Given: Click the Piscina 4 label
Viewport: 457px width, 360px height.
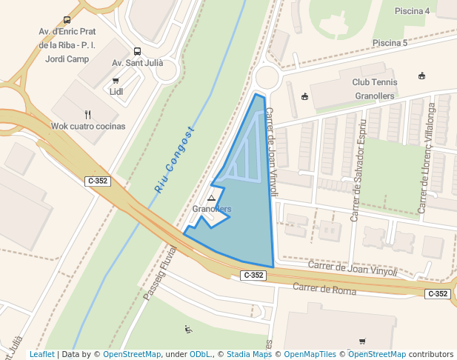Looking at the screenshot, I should click(x=412, y=11).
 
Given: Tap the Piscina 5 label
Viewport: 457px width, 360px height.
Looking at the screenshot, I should click(x=390, y=43).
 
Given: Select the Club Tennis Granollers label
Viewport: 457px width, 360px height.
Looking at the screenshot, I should click(x=374, y=89).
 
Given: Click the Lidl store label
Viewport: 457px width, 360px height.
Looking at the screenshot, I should click(x=116, y=92).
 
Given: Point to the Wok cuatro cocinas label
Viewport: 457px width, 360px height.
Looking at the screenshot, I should click(x=88, y=126).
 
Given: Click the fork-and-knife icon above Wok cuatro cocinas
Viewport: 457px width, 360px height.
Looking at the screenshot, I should click(x=88, y=114).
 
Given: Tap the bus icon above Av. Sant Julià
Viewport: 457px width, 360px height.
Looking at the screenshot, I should click(x=137, y=52).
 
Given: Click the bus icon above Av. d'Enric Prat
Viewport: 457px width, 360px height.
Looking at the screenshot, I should click(x=67, y=21).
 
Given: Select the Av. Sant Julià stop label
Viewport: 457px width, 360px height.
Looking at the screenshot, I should click(x=137, y=63).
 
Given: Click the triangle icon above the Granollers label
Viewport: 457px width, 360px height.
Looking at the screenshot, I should click(x=212, y=199).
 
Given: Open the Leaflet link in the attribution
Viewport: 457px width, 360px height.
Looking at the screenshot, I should click(x=42, y=355).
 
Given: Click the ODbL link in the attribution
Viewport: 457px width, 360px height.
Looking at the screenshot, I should click(x=200, y=355).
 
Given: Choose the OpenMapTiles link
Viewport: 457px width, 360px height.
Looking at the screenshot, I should click(x=310, y=355).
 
